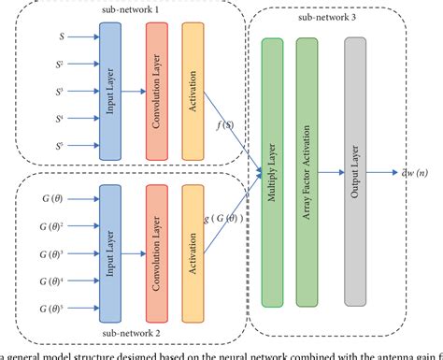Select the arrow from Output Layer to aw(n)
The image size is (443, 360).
tap(385, 146)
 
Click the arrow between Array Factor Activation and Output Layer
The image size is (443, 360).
tap(331, 147)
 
